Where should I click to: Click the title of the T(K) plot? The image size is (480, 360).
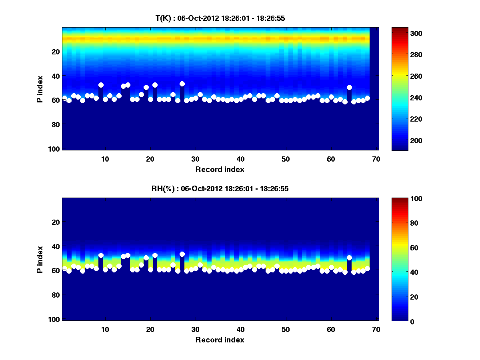220,18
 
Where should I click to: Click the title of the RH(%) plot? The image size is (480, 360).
220,188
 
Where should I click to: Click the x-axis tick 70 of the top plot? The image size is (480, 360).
376,159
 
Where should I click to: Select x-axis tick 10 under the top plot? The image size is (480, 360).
105,159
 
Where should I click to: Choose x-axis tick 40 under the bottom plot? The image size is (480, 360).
241,329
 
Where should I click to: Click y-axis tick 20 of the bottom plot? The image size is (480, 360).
55,222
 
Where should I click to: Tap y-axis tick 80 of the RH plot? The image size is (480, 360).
55,295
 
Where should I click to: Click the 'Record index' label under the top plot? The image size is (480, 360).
220,169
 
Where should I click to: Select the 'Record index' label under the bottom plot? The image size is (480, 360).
220,340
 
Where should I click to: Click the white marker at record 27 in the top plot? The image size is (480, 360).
182,84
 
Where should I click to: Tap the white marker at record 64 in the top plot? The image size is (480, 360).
349,88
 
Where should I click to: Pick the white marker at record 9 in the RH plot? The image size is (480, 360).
101,255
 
